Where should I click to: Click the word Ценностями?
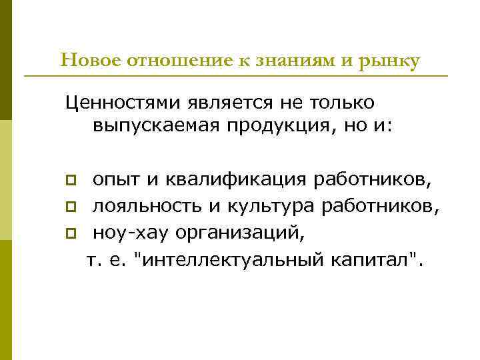pyautogui.click(x=120, y=103)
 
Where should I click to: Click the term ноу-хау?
pyautogui.click(x=120, y=234)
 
